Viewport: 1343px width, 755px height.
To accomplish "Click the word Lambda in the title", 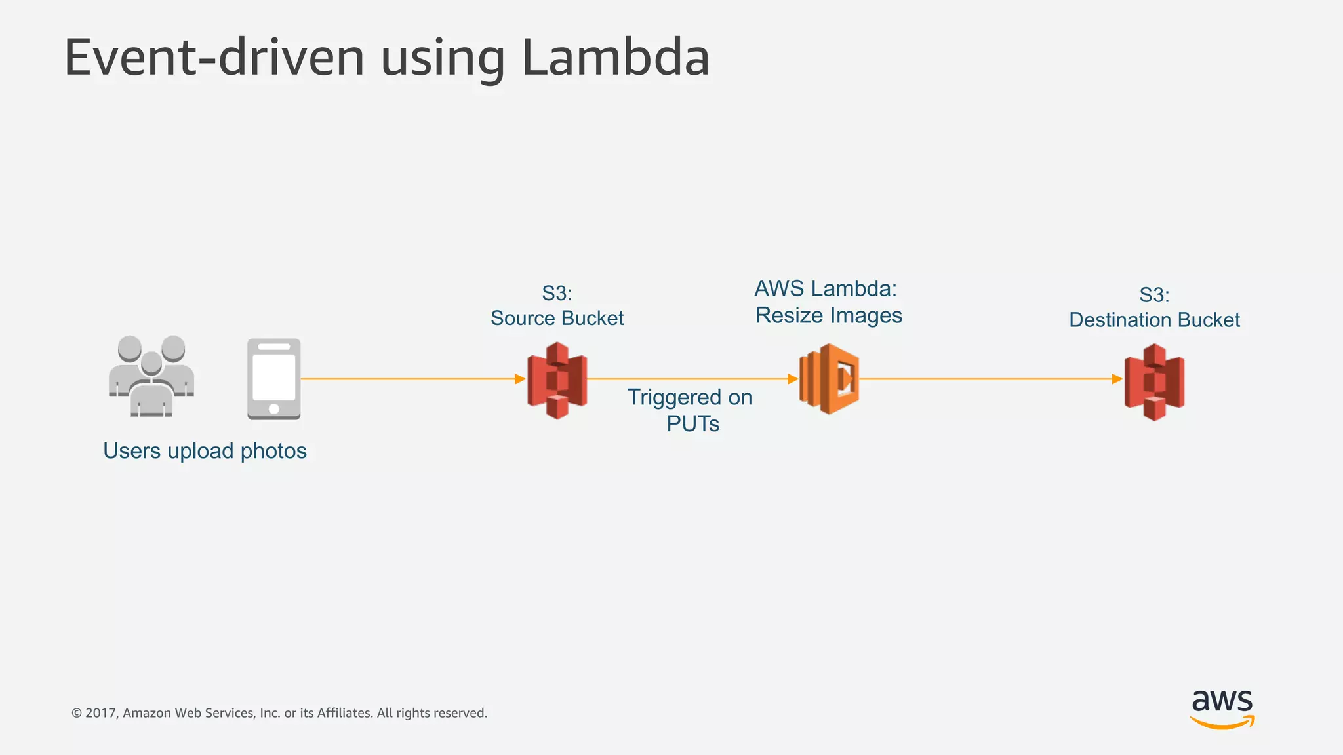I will (x=615, y=58).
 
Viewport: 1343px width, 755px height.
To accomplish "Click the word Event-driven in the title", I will (x=214, y=58).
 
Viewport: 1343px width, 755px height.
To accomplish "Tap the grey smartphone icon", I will (x=273, y=379).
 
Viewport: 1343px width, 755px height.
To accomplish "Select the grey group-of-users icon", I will (x=151, y=376).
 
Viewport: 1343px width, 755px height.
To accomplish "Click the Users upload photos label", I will (x=205, y=451).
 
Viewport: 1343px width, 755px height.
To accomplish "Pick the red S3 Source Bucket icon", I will (x=557, y=380).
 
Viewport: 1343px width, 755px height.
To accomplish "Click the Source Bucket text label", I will (x=557, y=319).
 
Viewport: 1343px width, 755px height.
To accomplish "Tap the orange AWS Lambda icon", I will (x=829, y=379).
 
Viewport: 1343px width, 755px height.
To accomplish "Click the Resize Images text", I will (x=829, y=315).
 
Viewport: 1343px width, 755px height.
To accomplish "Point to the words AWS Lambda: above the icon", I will (x=825, y=288).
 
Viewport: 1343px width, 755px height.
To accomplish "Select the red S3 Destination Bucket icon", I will (x=1154, y=382).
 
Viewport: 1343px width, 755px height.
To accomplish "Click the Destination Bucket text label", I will (x=1154, y=320).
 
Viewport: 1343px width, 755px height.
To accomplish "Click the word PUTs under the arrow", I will (x=692, y=424).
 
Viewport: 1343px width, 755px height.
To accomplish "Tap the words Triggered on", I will (x=690, y=397).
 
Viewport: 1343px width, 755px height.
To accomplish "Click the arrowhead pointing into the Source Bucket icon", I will (x=520, y=379).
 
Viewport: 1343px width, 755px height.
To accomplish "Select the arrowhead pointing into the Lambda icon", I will (x=792, y=379).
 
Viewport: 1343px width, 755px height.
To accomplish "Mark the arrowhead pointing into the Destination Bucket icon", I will (x=1117, y=379).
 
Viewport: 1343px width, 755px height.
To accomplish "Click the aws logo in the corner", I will (x=1222, y=708).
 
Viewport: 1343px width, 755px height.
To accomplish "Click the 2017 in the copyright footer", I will (x=101, y=713).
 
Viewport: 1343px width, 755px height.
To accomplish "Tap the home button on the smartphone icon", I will (x=274, y=409).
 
